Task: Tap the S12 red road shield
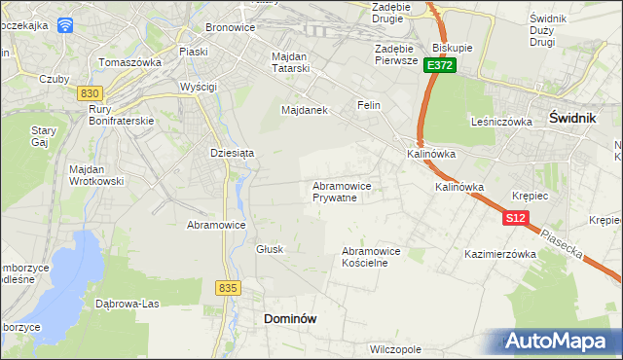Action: click(515, 220)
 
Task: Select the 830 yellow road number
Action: click(90, 92)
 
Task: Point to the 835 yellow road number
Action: click(229, 287)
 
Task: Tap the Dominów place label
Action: click(291, 318)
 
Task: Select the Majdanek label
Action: click(304, 110)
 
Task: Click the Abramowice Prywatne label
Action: click(340, 192)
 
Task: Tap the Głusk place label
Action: click(270, 249)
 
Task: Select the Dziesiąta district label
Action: click(232, 153)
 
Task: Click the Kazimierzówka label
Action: click(501, 254)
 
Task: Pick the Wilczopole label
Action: click(395, 348)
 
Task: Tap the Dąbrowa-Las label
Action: click(127, 303)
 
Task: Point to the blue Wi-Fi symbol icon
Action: click(65, 26)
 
